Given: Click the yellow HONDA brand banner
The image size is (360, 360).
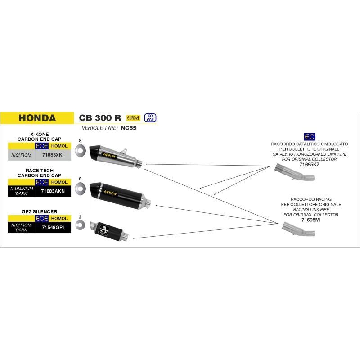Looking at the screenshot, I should pos(37,118).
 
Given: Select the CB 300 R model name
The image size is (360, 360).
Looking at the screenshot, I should pos(100,118).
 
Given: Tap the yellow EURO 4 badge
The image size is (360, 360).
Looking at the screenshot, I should pos(133,118).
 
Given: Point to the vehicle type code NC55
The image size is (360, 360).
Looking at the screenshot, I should pos(128,128).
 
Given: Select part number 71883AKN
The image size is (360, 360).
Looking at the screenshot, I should pos(53,191).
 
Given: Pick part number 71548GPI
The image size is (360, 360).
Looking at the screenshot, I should pos(53,228).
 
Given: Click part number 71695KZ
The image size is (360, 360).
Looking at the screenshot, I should pos(309,165).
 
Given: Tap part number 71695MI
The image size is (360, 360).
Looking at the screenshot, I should pos(309,220).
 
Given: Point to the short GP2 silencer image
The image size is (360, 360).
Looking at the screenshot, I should pos(110,229).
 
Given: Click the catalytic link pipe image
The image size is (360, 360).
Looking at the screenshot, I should pos(294,174).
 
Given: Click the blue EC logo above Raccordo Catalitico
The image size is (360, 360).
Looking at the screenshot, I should pos(310,137).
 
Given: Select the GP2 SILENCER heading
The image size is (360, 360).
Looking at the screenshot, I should pos(39,211).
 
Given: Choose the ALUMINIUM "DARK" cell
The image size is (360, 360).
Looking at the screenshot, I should pos(21,191).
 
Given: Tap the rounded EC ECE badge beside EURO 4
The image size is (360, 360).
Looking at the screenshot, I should pos(151,118).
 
